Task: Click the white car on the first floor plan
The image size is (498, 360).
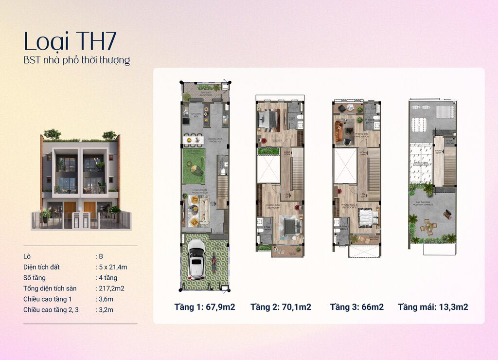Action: [x=196, y=260]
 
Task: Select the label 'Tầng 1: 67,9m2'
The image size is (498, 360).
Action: [x=205, y=307]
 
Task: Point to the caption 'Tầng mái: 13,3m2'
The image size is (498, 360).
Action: [x=433, y=307]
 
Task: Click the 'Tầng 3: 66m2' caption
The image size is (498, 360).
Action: [x=356, y=307]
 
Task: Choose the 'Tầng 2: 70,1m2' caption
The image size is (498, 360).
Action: [x=281, y=307]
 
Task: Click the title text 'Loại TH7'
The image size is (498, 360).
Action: [x=70, y=42]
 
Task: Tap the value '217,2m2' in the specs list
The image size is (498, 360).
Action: [x=111, y=288]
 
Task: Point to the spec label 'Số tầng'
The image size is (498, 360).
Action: [x=35, y=277]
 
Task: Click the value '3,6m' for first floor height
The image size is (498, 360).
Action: [x=105, y=299]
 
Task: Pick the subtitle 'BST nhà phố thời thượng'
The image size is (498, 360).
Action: [x=77, y=61]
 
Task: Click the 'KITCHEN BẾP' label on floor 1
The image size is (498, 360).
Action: [x=196, y=116]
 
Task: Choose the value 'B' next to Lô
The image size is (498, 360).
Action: [x=101, y=256]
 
